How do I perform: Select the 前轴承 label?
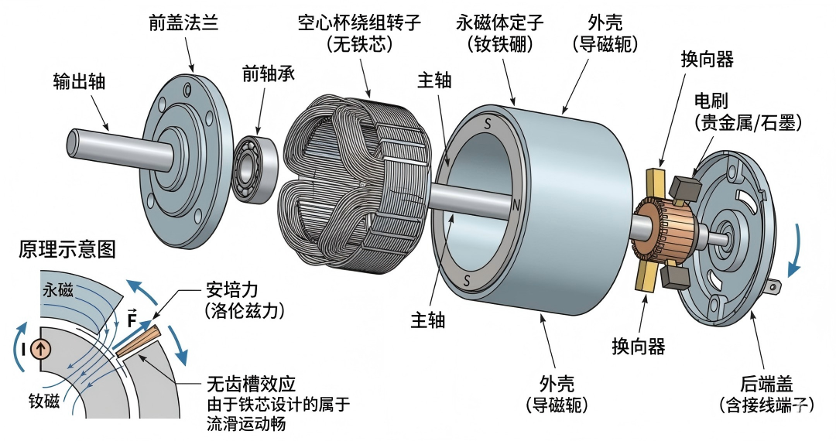(x=269, y=73)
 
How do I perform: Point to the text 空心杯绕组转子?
(x=360, y=22)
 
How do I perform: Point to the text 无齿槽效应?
(x=252, y=383)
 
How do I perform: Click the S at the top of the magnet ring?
(x=487, y=124)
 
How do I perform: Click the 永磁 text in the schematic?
(x=59, y=291)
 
